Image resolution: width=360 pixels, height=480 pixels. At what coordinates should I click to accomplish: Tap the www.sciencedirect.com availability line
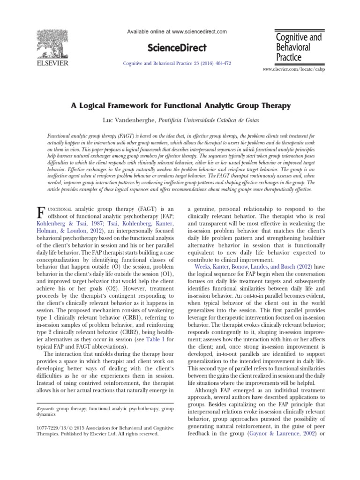coord(177,31)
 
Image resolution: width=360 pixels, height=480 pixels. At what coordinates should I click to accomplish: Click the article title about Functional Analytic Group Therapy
coord(180,106)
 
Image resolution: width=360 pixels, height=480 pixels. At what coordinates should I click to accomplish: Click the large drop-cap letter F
coord(40,211)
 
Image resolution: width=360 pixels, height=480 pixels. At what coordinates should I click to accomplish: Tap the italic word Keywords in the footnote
coord(45,409)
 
